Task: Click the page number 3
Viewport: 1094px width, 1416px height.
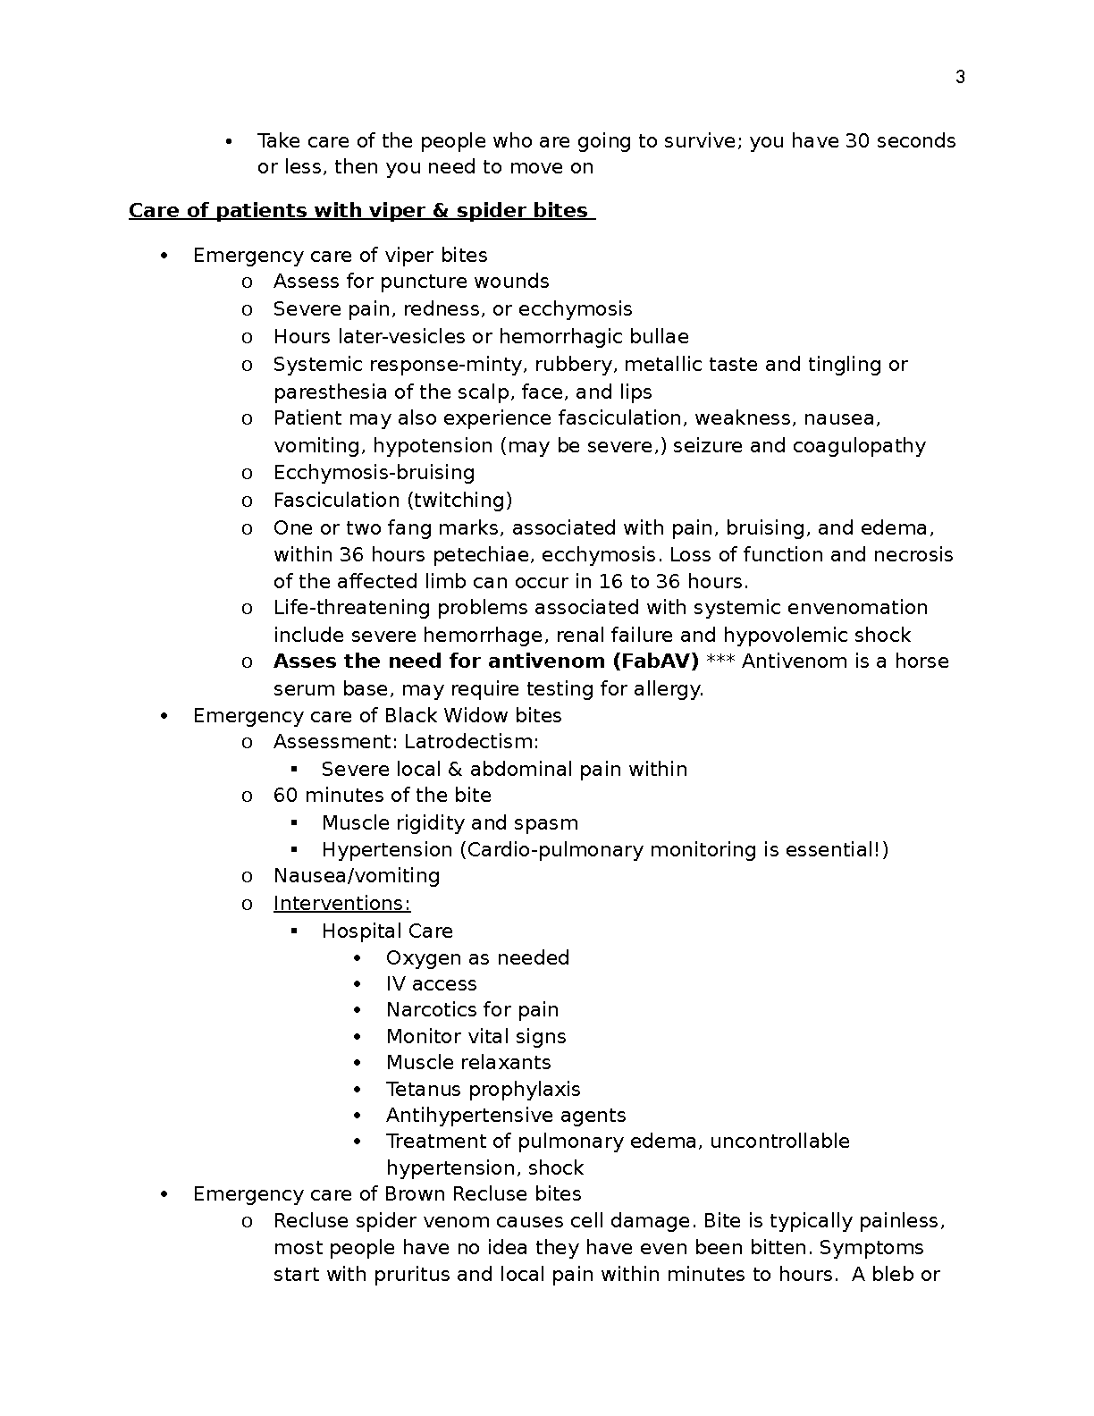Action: [960, 78]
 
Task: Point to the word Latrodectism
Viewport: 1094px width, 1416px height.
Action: [471, 742]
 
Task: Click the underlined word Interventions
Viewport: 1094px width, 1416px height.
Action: [341, 904]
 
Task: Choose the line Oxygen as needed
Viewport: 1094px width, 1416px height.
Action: [477, 958]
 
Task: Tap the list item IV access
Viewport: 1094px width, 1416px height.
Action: [431, 984]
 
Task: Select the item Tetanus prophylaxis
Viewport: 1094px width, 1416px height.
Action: [483, 1090]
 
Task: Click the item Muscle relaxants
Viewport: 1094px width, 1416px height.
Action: [468, 1063]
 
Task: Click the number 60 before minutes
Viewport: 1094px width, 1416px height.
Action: [286, 796]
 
